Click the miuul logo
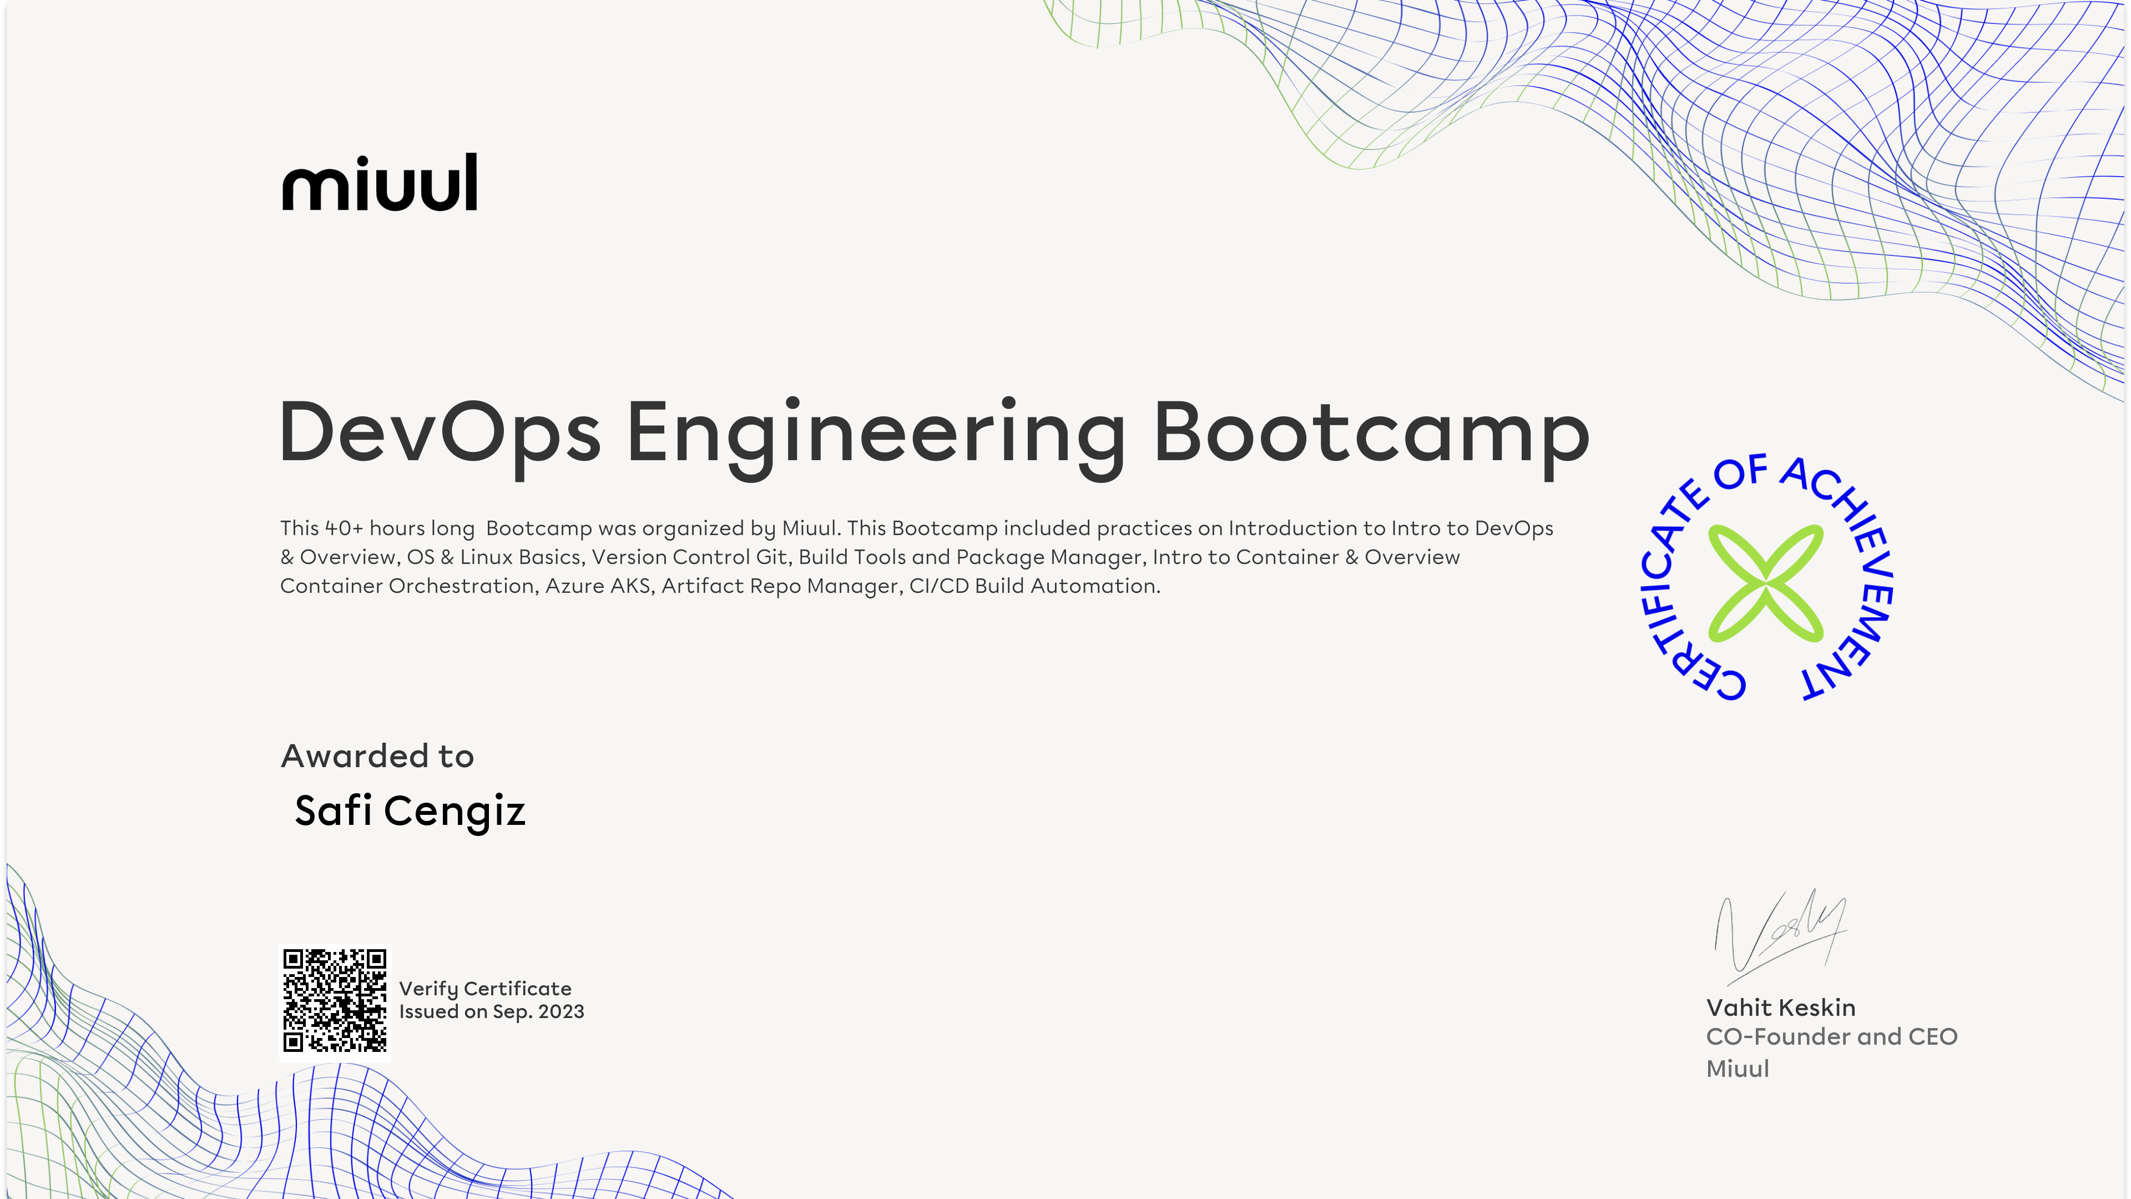pos(380,182)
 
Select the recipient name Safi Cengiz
pos(410,811)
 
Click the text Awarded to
pos(377,756)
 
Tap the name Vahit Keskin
pos(1781,1008)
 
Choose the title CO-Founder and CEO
pos(1831,1037)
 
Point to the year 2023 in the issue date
pos(561,1012)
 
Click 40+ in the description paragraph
pos(344,528)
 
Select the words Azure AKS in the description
pos(597,586)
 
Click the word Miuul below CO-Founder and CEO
pos(1737,1068)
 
